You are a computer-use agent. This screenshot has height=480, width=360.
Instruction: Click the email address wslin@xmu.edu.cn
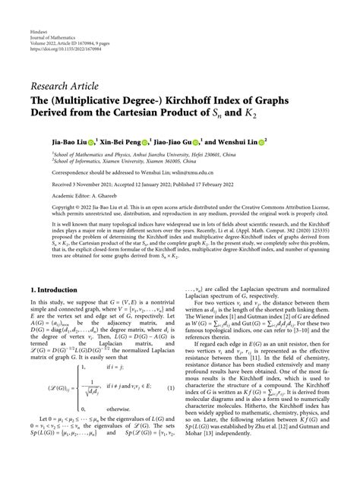[197, 173]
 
